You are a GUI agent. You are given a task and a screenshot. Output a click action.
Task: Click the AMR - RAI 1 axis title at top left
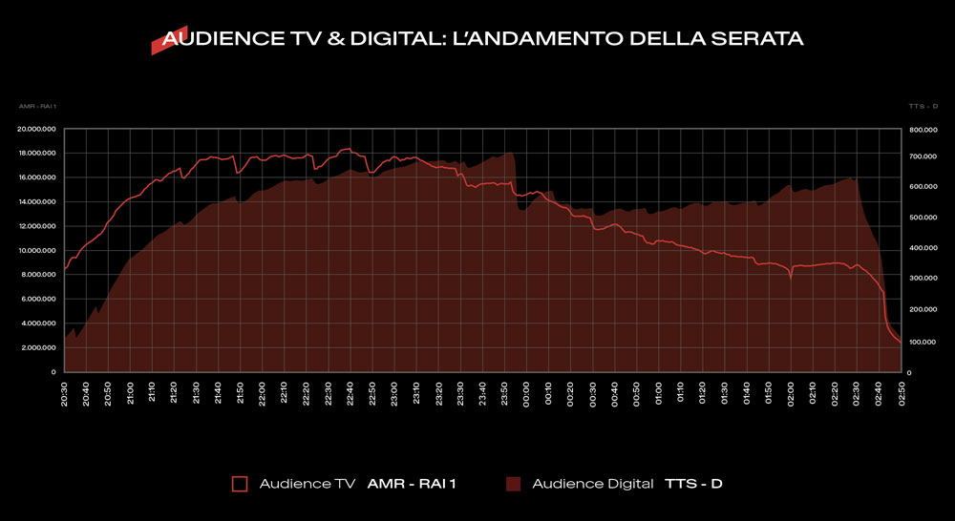pyautogui.click(x=34, y=107)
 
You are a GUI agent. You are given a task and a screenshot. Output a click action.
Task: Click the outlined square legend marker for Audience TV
pyautogui.click(x=240, y=484)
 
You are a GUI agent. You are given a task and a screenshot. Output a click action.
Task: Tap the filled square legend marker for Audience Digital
pyautogui.click(x=513, y=484)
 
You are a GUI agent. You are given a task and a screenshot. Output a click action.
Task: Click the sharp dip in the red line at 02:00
pyautogui.click(x=791, y=278)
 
